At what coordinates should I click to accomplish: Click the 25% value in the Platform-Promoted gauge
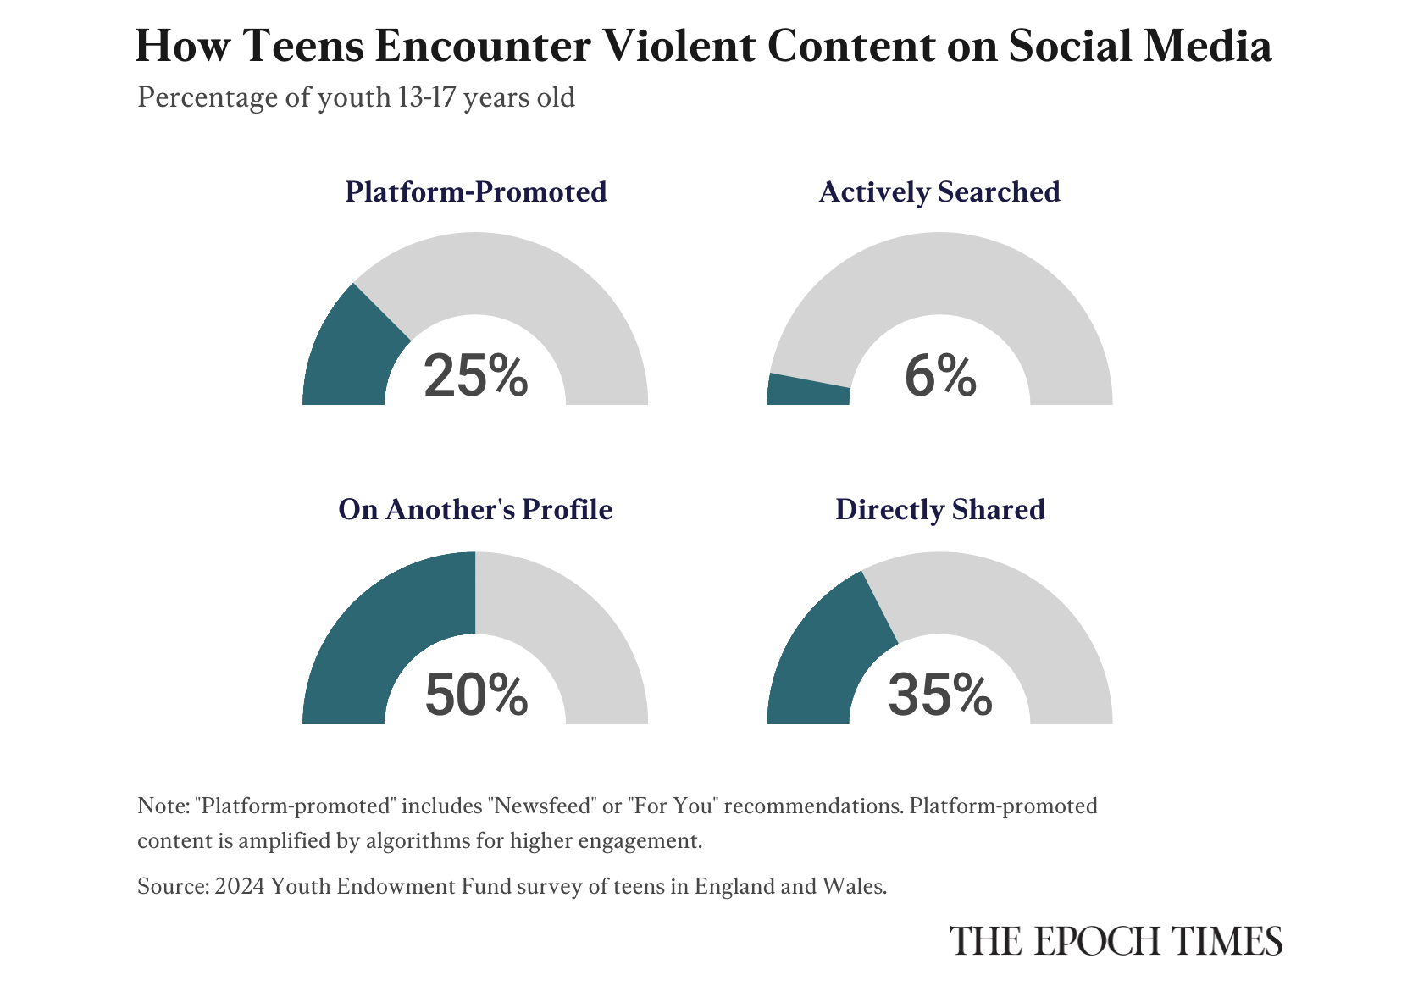pyautogui.click(x=476, y=376)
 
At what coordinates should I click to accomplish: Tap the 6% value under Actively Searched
pyautogui.click(x=940, y=376)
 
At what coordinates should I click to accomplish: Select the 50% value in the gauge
pyautogui.click(x=476, y=695)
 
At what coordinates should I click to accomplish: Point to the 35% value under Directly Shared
pyautogui.click(x=940, y=695)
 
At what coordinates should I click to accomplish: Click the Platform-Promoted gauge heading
pyautogui.click(x=476, y=192)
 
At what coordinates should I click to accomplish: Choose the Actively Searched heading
pyautogui.click(x=939, y=192)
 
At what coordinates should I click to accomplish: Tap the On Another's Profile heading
pyautogui.click(x=475, y=510)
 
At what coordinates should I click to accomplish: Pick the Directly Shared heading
pyautogui.click(x=940, y=510)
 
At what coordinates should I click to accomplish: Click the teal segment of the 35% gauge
pyautogui.click(x=822, y=644)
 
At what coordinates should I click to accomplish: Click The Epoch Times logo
pyautogui.click(x=1116, y=941)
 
